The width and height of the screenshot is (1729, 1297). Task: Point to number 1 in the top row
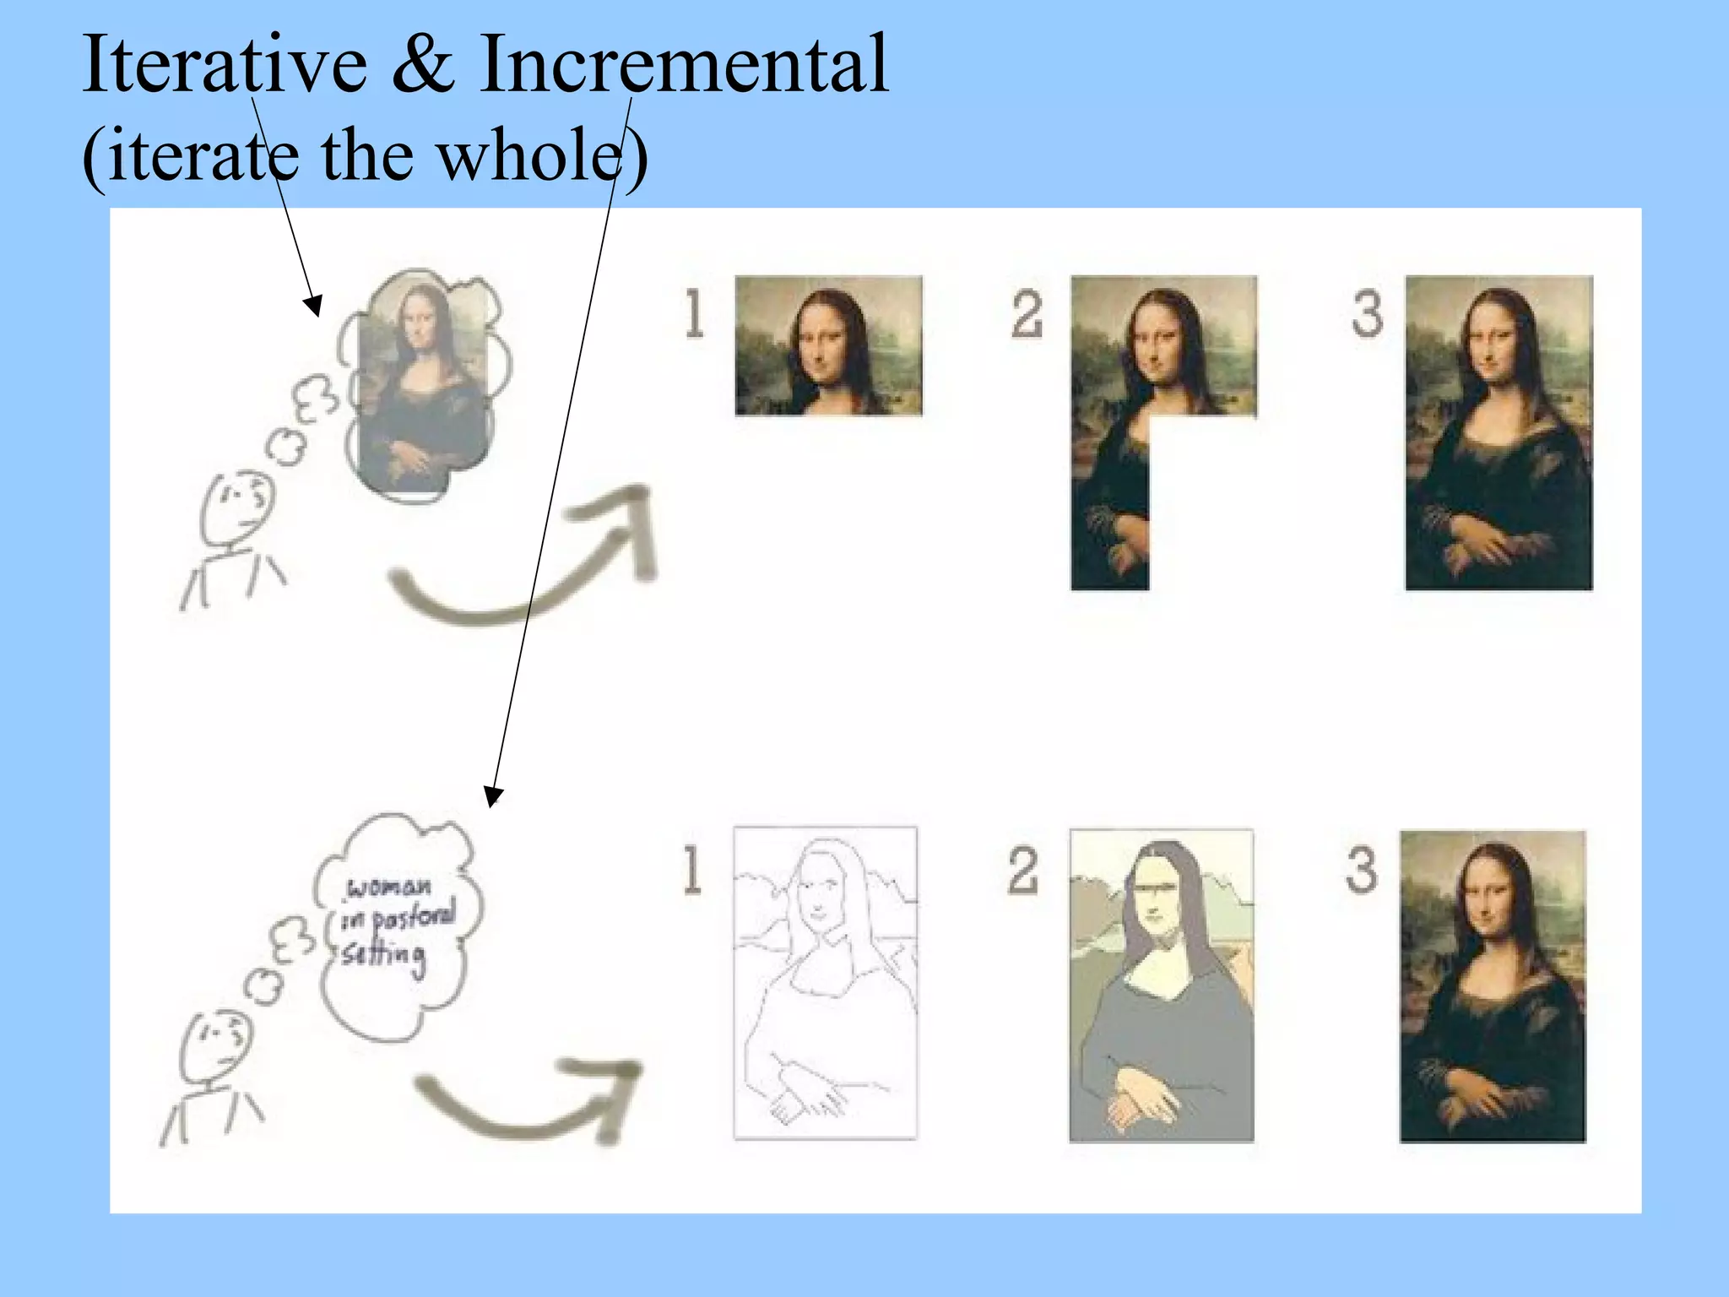pos(694,314)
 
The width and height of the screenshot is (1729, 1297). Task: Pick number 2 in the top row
pos(1027,314)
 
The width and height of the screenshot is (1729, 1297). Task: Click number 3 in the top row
pos(1367,314)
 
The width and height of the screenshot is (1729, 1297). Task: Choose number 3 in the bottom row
pos(1361,870)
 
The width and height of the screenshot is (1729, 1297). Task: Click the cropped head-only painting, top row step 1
pos(828,345)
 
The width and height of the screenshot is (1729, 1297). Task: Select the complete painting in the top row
pos(1499,432)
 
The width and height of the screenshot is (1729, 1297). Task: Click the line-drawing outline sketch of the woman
pos(825,983)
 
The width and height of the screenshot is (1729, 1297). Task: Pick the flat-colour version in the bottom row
pos(1161,985)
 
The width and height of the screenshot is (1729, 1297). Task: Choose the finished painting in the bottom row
pos(1493,986)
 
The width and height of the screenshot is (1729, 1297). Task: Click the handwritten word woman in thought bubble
pos(389,887)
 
